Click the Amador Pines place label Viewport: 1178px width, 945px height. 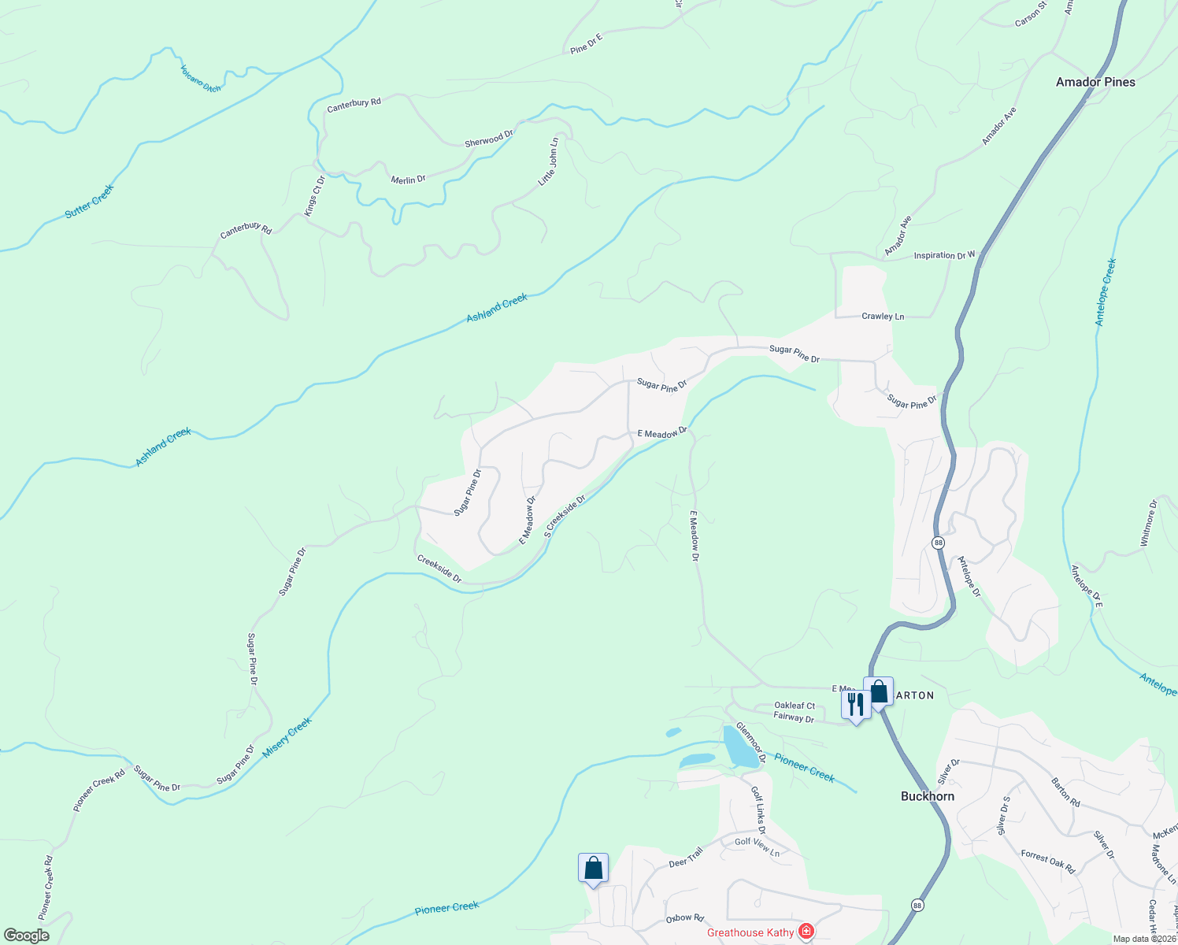point(1095,82)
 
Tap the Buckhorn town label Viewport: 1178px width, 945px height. point(927,796)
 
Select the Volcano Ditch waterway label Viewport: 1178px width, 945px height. point(201,79)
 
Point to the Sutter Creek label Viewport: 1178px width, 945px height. point(90,201)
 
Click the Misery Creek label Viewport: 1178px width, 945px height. point(287,737)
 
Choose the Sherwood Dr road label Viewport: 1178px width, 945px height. point(489,139)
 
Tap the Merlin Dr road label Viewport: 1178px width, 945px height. point(408,180)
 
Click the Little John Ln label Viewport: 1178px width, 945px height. point(548,162)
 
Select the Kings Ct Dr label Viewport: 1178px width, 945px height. point(315,196)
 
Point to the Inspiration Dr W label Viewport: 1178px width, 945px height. point(944,255)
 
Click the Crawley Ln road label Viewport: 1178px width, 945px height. point(883,317)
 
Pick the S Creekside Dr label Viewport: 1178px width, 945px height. point(565,517)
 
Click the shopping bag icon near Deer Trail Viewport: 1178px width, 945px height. point(593,869)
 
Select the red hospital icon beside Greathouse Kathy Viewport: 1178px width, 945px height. point(806,932)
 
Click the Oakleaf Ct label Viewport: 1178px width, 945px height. point(795,706)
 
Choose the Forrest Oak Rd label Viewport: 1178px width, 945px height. point(1048,862)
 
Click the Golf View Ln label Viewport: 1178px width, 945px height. point(757,847)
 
